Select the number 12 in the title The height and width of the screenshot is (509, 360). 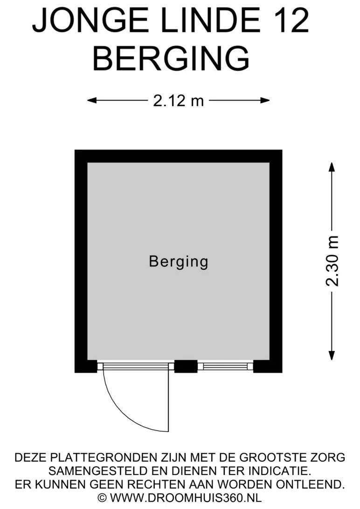coord(288,21)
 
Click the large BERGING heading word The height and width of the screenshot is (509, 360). coord(171,58)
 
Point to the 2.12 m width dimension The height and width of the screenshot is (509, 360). coord(178,100)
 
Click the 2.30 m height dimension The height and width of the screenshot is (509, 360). coord(332,261)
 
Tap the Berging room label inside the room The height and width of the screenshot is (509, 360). coord(178,261)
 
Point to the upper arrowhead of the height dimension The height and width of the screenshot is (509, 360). coord(332,167)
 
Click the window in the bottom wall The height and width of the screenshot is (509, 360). coord(226,366)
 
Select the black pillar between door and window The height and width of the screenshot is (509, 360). coord(186,366)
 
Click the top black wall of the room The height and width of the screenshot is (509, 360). coord(178,156)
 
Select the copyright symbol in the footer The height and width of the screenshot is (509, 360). coord(103,498)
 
